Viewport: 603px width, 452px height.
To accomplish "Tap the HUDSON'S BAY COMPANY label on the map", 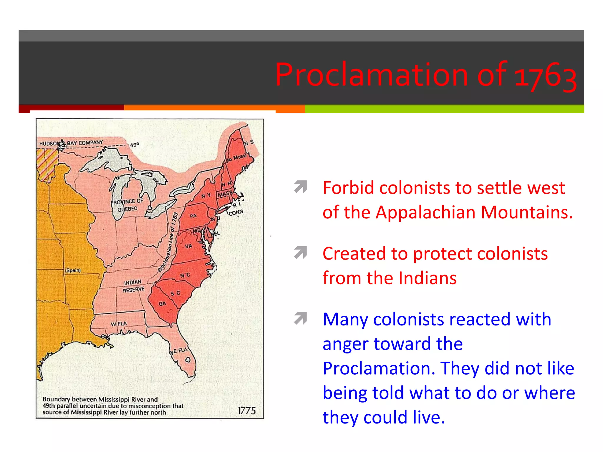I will coord(71,143).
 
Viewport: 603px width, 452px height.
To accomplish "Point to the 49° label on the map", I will coord(134,145).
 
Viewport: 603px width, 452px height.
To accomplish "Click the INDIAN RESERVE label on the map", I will coord(133,286).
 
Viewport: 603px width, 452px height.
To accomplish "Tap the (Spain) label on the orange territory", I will coord(73,270).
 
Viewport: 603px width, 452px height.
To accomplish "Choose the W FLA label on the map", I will coord(119,324).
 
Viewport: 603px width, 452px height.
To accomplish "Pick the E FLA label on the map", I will coord(180,350).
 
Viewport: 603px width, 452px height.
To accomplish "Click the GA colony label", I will coord(162,303).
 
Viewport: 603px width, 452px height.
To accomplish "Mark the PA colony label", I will coord(193,216).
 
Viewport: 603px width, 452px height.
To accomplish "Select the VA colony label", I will coord(188,246).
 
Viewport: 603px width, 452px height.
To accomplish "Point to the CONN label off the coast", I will coord(236,212).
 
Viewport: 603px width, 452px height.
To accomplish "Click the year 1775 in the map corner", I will coord(246,411).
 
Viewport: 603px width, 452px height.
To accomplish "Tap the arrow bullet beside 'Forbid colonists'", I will coord(300,187).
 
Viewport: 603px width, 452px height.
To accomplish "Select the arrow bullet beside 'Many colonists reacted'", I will coord(300,318).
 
